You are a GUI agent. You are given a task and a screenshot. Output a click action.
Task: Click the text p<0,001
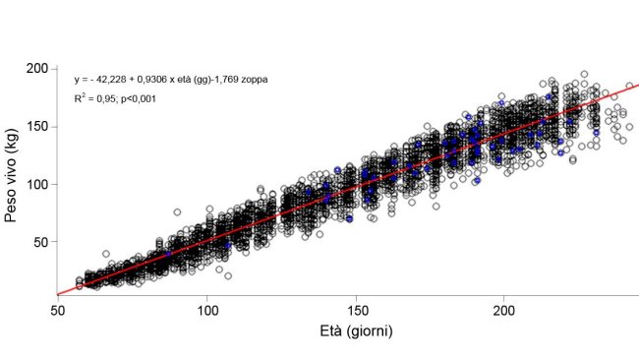click(x=137, y=98)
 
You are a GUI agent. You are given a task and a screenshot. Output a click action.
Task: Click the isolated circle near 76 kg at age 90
click(x=178, y=211)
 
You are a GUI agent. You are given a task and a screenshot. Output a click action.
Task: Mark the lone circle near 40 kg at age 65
click(x=105, y=254)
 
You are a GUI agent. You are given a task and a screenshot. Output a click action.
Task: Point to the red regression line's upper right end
click(x=637, y=86)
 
